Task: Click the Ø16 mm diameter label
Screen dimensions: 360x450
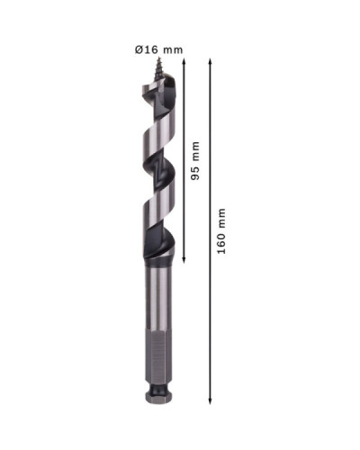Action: pos(158,49)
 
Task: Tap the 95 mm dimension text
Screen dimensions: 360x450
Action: pos(195,160)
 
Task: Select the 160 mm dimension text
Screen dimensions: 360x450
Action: pos(221,231)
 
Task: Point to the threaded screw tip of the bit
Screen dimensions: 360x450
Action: pos(158,68)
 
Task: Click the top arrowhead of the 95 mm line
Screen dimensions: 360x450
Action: pos(184,62)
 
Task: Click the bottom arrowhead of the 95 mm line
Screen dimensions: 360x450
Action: pos(184,260)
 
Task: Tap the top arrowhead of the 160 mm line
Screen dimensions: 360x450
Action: pos(211,62)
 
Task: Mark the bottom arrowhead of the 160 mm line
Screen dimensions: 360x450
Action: pos(211,400)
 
